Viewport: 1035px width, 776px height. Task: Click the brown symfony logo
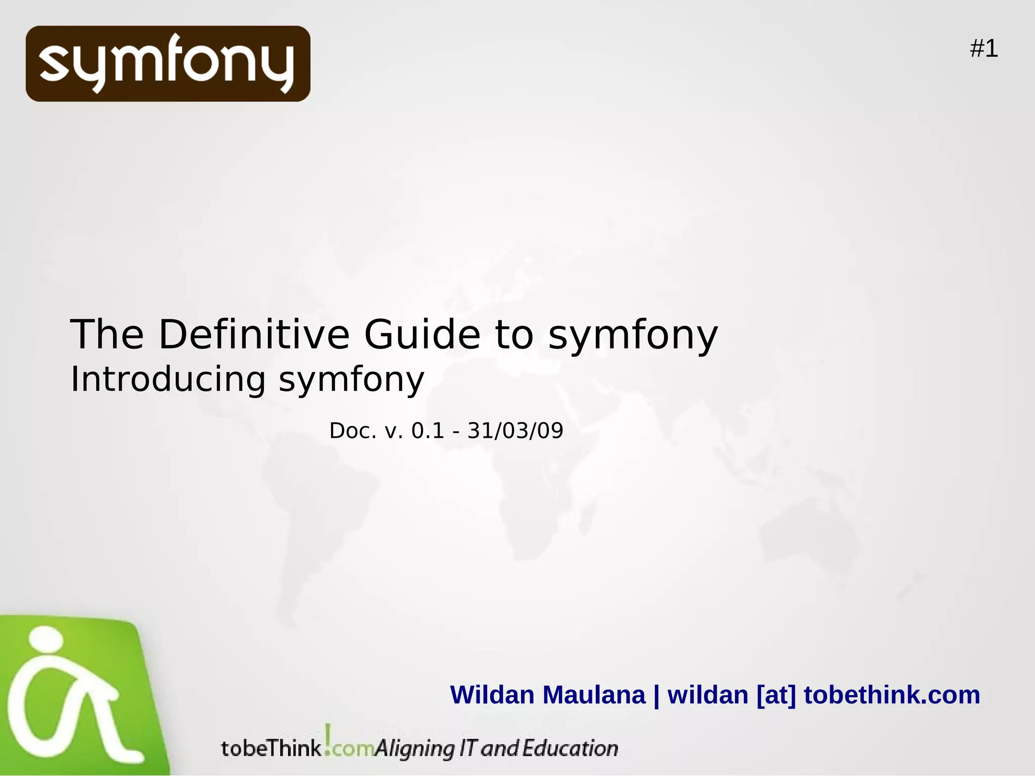tap(168, 64)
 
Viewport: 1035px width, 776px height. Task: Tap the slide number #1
tap(983, 49)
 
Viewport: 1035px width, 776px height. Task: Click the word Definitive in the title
tap(254, 334)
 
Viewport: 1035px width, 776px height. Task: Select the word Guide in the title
tap(422, 334)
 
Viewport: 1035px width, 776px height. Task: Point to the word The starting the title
tap(107, 334)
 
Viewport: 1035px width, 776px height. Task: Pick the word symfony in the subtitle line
tap(351, 380)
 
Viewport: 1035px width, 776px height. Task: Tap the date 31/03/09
tap(515, 431)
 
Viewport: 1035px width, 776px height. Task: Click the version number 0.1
tap(428, 431)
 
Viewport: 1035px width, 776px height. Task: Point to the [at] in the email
tap(776, 695)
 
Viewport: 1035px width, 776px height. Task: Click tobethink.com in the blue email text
tap(892, 695)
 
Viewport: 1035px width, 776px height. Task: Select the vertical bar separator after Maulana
tap(656, 696)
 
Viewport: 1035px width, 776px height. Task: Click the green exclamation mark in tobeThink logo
tap(328, 738)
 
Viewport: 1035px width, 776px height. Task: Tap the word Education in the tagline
tap(570, 748)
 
